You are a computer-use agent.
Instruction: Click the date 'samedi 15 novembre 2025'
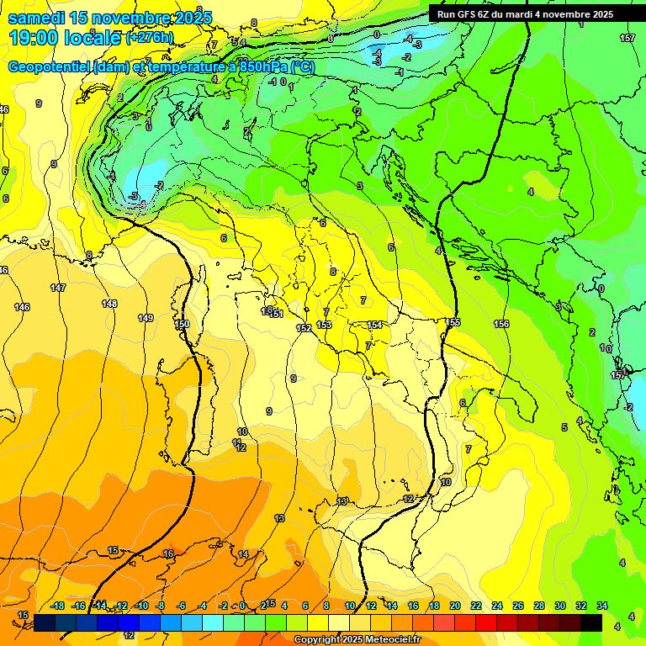pos(109,17)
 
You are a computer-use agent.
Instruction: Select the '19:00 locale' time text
pos(64,37)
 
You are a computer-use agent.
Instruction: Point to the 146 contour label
pos(22,307)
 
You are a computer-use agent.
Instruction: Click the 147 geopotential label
pos(58,288)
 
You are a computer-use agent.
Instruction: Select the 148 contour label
pos(109,304)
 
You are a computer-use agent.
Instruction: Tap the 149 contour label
pos(146,318)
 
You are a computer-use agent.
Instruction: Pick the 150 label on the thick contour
pos(182,324)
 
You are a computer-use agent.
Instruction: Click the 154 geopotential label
pos(374,325)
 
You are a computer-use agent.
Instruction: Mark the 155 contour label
pos(453,322)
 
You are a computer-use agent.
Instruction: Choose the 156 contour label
pos(501,324)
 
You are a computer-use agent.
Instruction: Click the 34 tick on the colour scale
pos(602,606)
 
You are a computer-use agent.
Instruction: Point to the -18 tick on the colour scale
pos(57,606)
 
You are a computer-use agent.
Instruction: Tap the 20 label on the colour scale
pos(455,606)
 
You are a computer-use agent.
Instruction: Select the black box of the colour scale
pos(591,622)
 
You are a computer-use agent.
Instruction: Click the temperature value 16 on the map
pos(168,553)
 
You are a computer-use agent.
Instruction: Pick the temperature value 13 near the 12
pos(342,501)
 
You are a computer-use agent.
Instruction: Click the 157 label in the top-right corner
pos(627,38)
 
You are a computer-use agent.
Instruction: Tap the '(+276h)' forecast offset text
pos(150,37)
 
